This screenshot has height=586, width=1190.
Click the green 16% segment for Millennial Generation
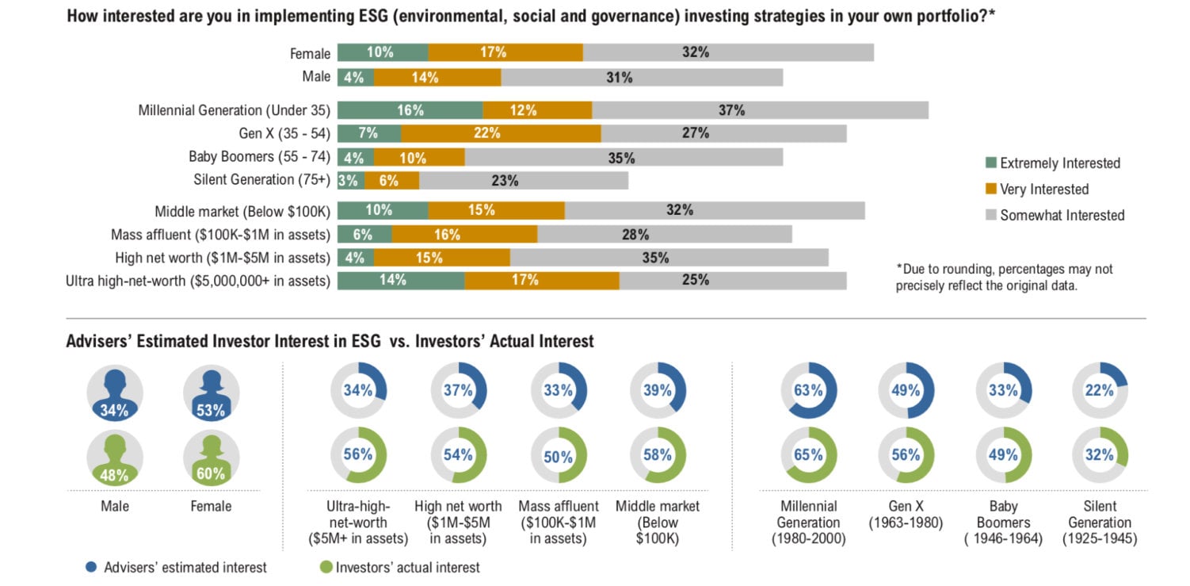(410, 110)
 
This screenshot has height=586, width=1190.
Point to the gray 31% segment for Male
(642, 77)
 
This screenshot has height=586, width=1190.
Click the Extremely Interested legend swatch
(990, 163)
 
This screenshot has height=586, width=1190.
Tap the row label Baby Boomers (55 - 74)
(259, 157)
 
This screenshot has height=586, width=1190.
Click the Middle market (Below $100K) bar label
(242, 211)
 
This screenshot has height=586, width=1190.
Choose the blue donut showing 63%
(809, 390)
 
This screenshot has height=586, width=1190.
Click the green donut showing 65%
(809, 455)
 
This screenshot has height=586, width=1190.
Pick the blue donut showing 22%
(1100, 390)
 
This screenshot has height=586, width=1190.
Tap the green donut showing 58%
(658, 455)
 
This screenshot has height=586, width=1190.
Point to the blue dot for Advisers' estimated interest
(91, 567)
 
